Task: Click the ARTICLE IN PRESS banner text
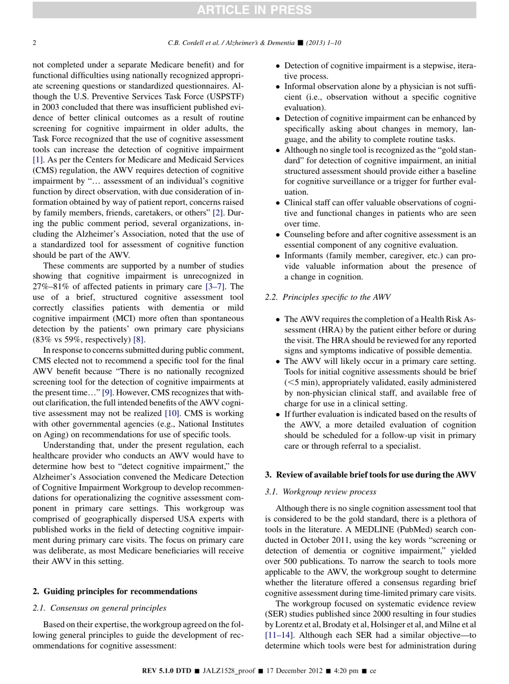[x=254, y=9]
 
